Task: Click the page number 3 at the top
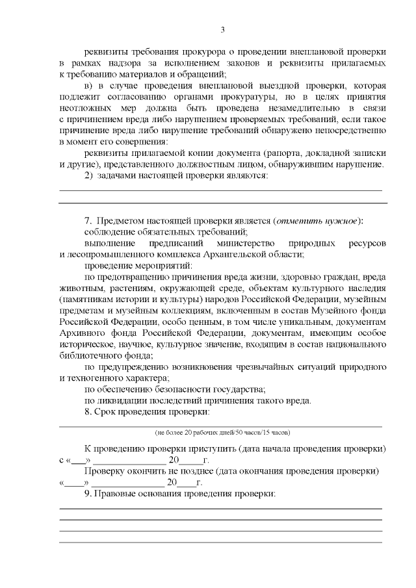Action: coord(222,30)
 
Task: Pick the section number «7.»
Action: coord(90,220)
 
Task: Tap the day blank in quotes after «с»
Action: coord(77,459)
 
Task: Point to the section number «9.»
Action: coord(90,494)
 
